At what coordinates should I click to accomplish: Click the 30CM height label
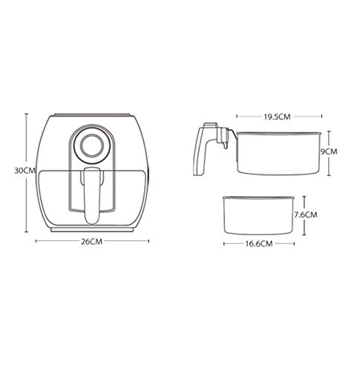24,170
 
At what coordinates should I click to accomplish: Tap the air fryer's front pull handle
91,194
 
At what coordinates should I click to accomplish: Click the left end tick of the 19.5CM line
237,116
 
